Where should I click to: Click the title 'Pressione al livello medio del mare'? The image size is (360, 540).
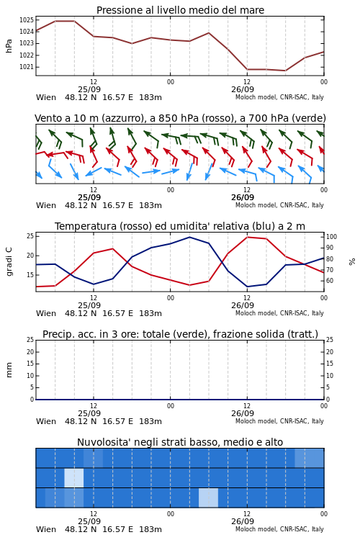[180, 10]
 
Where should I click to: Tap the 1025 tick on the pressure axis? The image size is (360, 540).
[26, 20]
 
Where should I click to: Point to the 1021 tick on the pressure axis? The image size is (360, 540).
[26, 67]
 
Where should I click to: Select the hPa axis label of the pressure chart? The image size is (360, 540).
[9, 46]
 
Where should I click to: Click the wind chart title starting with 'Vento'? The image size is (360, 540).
[180, 119]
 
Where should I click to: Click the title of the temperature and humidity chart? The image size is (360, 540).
[180, 226]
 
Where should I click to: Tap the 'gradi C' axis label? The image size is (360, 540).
[9, 261]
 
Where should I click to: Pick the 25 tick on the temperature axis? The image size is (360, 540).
[30, 236]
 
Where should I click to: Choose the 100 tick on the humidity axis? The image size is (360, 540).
[331, 237]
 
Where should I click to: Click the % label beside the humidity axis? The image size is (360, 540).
[352, 262]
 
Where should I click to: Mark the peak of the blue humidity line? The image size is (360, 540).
[189, 238]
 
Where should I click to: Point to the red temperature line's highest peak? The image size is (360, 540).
[247, 238]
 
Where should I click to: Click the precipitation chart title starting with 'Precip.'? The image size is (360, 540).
[180, 334]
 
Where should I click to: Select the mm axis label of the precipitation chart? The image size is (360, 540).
[9, 370]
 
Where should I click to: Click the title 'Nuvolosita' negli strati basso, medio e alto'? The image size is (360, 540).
[180, 442]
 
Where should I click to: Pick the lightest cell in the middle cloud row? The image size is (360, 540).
[74, 478]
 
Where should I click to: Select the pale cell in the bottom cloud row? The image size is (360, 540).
[208, 498]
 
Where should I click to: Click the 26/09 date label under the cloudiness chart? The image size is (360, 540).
[243, 521]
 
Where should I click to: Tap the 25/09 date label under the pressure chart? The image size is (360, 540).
[89, 89]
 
